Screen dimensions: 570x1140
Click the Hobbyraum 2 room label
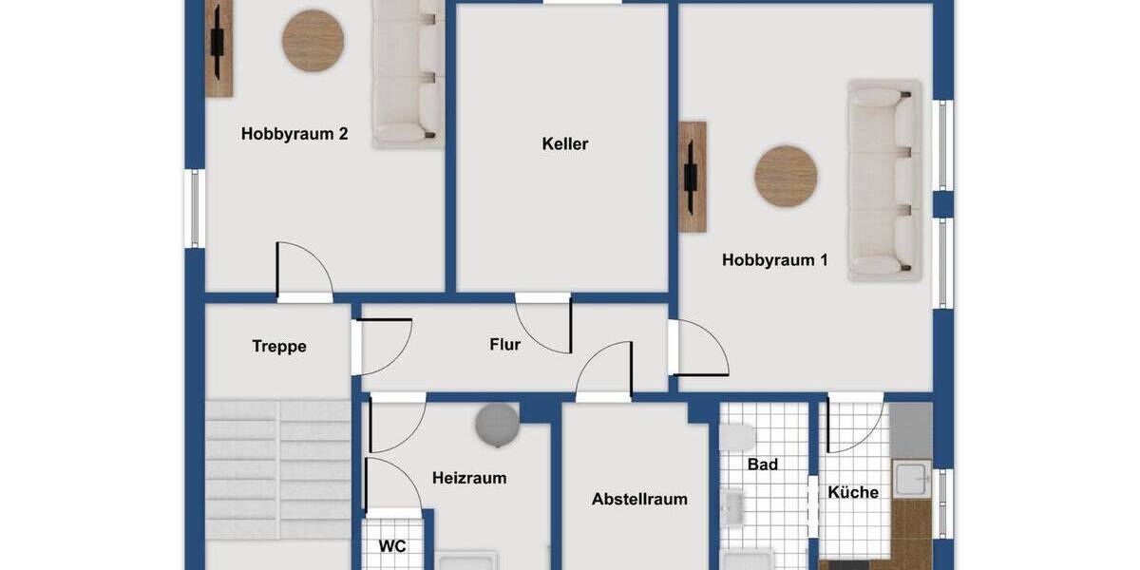[x=294, y=134]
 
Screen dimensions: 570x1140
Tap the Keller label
[x=565, y=144]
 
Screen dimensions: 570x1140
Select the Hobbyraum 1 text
[x=774, y=259]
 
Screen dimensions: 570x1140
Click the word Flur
[x=504, y=345]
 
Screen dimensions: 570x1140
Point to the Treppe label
[x=279, y=346]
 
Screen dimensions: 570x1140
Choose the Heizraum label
[x=469, y=478]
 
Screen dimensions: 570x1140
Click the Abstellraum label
[x=639, y=499]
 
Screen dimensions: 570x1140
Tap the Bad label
[x=763, y=464]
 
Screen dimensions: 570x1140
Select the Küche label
[x=853, y=492]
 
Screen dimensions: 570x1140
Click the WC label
[x=392, y=546]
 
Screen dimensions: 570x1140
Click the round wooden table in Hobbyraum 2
[x=313, y=41]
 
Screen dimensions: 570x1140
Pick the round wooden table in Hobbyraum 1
[x=786, y=176]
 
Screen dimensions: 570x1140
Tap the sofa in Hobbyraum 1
[x=885, y=180]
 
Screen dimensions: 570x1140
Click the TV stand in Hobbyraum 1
[x=693, y=177]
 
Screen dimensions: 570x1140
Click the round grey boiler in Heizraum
[x=498, y=423]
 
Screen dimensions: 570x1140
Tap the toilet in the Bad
[x=738, y=436]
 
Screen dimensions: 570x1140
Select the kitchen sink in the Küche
[x=911, y=478]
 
